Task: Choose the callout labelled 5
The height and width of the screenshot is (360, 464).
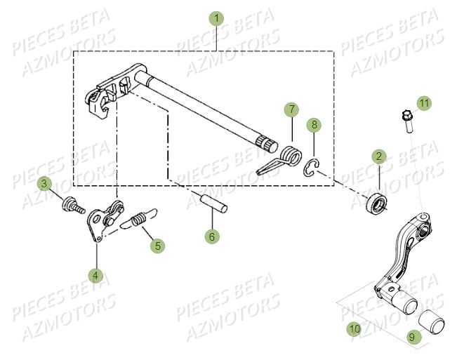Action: tap(158, 245)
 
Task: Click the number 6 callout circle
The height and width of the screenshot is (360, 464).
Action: tap(211, 236)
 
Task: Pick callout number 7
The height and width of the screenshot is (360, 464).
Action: tap(291, 109)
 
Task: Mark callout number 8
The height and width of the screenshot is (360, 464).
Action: tap(314, 125)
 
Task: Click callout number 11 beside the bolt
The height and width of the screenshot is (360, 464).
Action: tap(423, 103)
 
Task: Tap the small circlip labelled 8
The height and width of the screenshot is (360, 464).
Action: tap(312, 166)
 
